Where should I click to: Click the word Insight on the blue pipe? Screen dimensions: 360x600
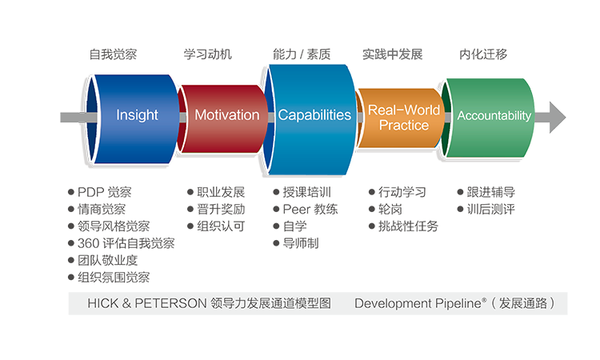[x=137, y=115]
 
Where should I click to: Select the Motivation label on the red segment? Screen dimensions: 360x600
[x=227, y=115]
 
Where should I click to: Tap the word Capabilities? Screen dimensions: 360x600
[x=314, y=115]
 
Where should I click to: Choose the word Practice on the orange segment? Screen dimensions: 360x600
[x=404, y=125]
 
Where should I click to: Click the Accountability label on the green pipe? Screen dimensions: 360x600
[x=494, y=116]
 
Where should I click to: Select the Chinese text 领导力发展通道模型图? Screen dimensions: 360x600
[x=270, y=304]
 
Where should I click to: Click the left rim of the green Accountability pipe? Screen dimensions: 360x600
[x=448, y=115]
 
